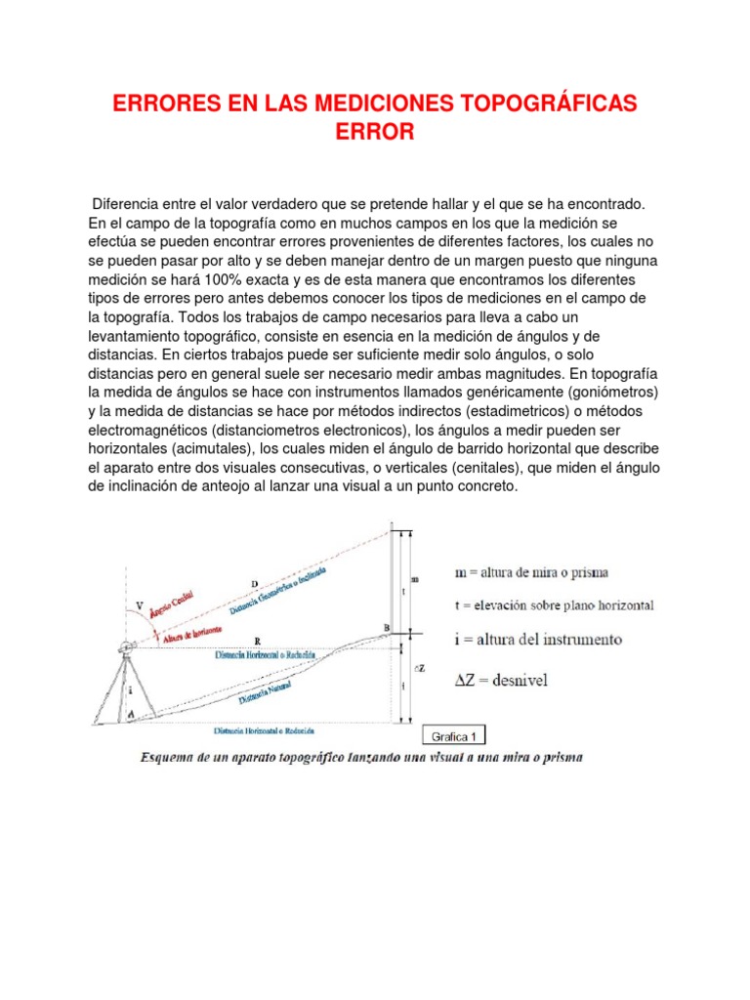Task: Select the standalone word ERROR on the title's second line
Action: (375, 133)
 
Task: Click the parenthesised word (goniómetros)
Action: (604, 391)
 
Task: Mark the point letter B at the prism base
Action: (387, 627)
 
